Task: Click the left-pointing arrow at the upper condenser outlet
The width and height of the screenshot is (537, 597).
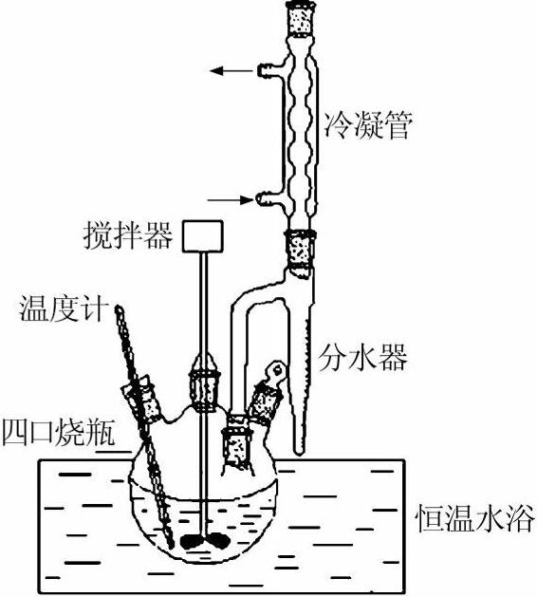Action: click(228, 70)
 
